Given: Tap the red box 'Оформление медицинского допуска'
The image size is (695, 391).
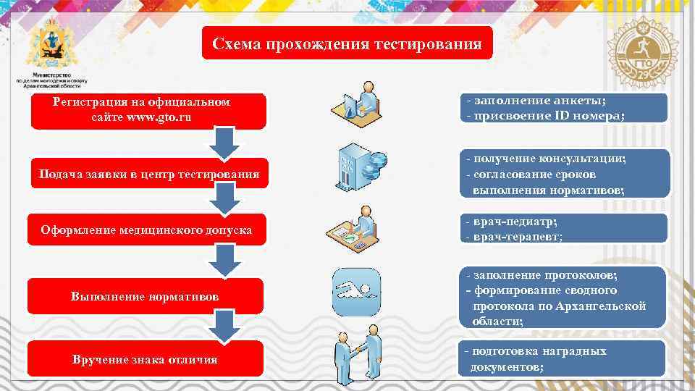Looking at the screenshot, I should click(x=147, y=230).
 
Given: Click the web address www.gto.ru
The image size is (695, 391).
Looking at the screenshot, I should click(x=159, y=117).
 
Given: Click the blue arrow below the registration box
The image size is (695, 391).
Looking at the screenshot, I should click(x=224, y=143).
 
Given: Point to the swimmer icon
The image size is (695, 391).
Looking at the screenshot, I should click(x=354, y=291).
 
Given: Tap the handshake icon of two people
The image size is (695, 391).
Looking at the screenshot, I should click(x=358, y=356).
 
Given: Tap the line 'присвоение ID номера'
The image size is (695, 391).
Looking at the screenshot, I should click(x=545, y=116).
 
